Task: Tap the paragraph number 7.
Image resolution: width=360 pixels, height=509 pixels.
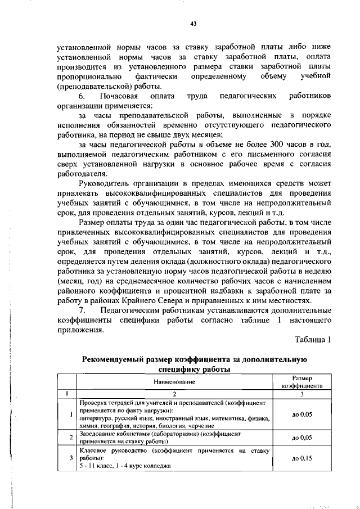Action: pos(82,310)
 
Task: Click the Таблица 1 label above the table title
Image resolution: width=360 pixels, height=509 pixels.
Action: pos(313,339)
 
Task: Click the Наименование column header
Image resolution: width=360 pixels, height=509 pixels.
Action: pos(174,382)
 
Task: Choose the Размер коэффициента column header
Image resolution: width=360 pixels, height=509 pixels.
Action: pos(301,382)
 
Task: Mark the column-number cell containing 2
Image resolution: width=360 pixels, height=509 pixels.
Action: pos(174,394)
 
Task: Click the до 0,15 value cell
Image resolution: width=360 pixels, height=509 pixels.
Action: pos(302,458)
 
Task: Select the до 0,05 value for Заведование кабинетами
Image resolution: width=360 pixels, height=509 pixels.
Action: pos(302,437)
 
